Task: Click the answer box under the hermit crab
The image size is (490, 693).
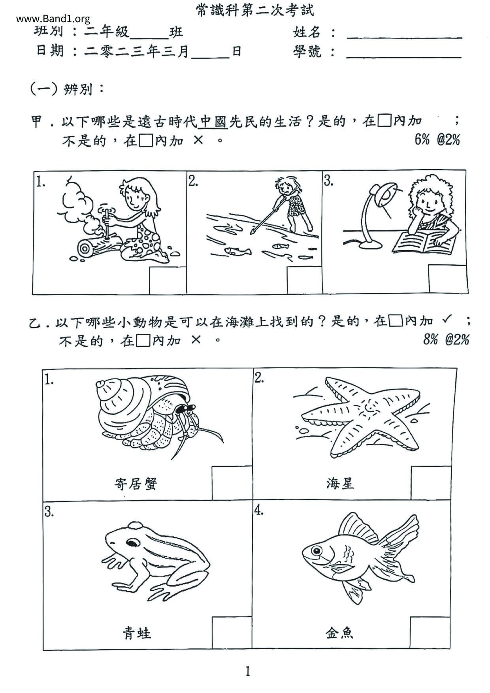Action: click(232, 482)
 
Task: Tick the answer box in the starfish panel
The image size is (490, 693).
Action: click(431, 482)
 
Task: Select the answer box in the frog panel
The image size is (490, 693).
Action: click(232, 633)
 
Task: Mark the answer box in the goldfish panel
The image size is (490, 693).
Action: click(430, 633)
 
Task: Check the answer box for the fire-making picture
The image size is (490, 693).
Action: click(168, 280)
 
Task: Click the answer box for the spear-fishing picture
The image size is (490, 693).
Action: click(305, 280)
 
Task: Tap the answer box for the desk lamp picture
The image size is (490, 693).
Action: click(448, 279)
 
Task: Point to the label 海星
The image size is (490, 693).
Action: click(340, 483)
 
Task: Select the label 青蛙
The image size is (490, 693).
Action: click(136, 633)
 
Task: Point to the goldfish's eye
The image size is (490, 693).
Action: click(316, 550)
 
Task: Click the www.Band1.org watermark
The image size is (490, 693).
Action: click(53, 19)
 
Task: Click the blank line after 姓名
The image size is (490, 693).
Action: click(404, 38)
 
